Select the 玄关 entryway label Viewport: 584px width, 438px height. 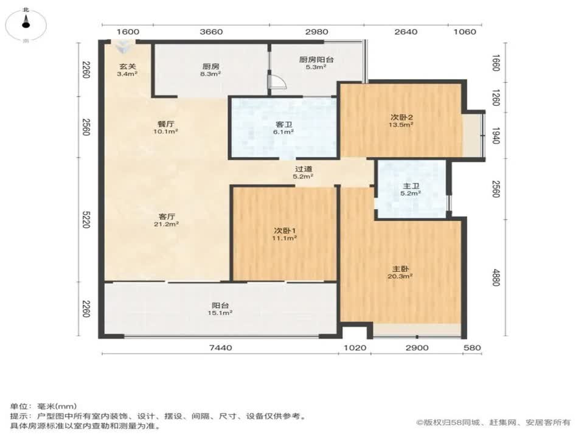click(127, 68)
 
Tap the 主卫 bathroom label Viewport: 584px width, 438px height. click(411, 187)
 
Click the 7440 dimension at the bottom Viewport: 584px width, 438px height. click(220, 348)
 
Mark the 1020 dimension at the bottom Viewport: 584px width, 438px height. click(355, 348)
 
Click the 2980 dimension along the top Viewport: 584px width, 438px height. click(317, 32)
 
